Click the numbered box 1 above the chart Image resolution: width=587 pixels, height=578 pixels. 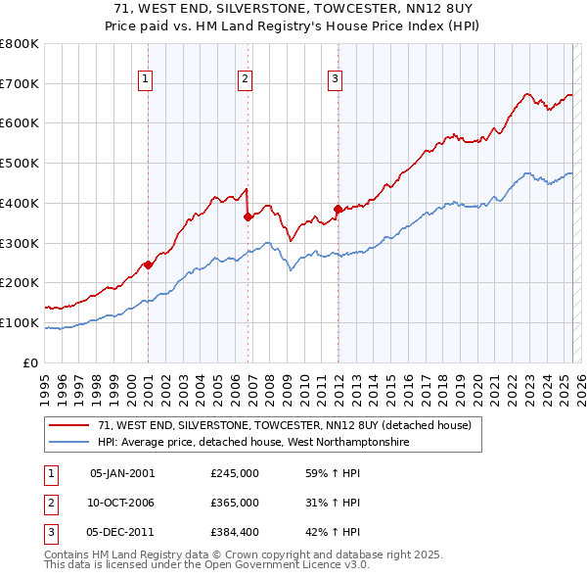tap(145, 79)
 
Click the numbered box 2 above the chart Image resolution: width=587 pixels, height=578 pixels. tap(245, 79)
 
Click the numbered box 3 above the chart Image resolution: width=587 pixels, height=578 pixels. tap(335, 79)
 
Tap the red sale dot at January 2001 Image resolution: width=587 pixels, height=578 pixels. tap(148, 265)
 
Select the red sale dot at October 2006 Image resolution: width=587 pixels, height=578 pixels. tap(248, 217)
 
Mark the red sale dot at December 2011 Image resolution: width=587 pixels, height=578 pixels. tap(338, 209)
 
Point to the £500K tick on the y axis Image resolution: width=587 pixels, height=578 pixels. tap(20, 163)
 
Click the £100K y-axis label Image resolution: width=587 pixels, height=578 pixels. tap(20, 322)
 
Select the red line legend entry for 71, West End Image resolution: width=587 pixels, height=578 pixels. tap(285, 425)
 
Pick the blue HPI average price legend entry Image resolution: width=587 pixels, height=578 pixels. tap(251, 443)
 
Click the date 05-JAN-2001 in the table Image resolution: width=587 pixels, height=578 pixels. tap(121, 472)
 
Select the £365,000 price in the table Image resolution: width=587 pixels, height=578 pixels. tap(235, 503)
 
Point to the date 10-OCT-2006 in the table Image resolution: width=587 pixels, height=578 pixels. tap(121, 503)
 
